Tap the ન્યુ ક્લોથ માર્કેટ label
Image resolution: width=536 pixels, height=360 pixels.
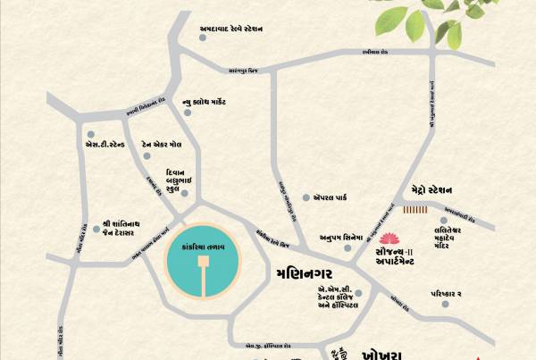coord(223,105)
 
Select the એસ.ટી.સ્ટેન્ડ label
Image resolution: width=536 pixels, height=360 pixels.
coord(105,143)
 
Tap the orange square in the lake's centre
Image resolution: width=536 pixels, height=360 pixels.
coord(203,261)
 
